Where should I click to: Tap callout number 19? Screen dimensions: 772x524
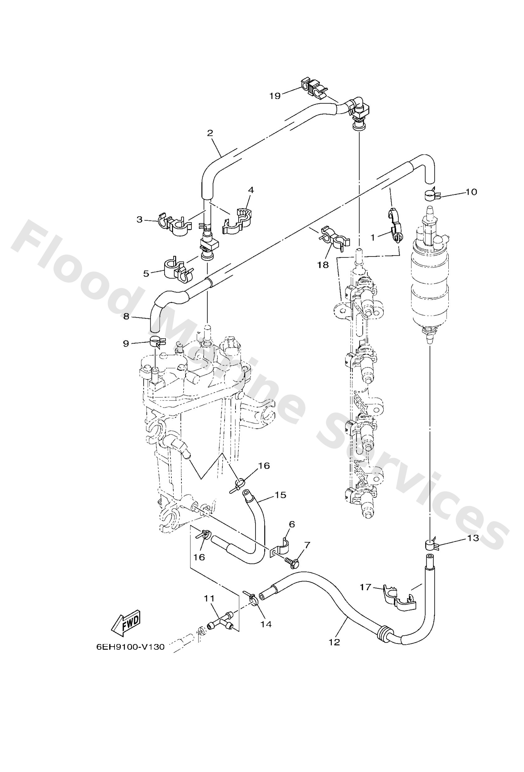click(x=275, y=96)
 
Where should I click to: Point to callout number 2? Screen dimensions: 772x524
click(x=210, y=133)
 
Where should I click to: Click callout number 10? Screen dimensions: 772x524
click(x=471, y=192)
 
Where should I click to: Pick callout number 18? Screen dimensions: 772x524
click(x=323, y=265)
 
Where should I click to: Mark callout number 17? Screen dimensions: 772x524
click(x=365, y=587)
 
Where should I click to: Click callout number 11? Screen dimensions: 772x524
click(x=209, y=598)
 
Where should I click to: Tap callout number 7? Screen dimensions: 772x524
click(x=307, y=545)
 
